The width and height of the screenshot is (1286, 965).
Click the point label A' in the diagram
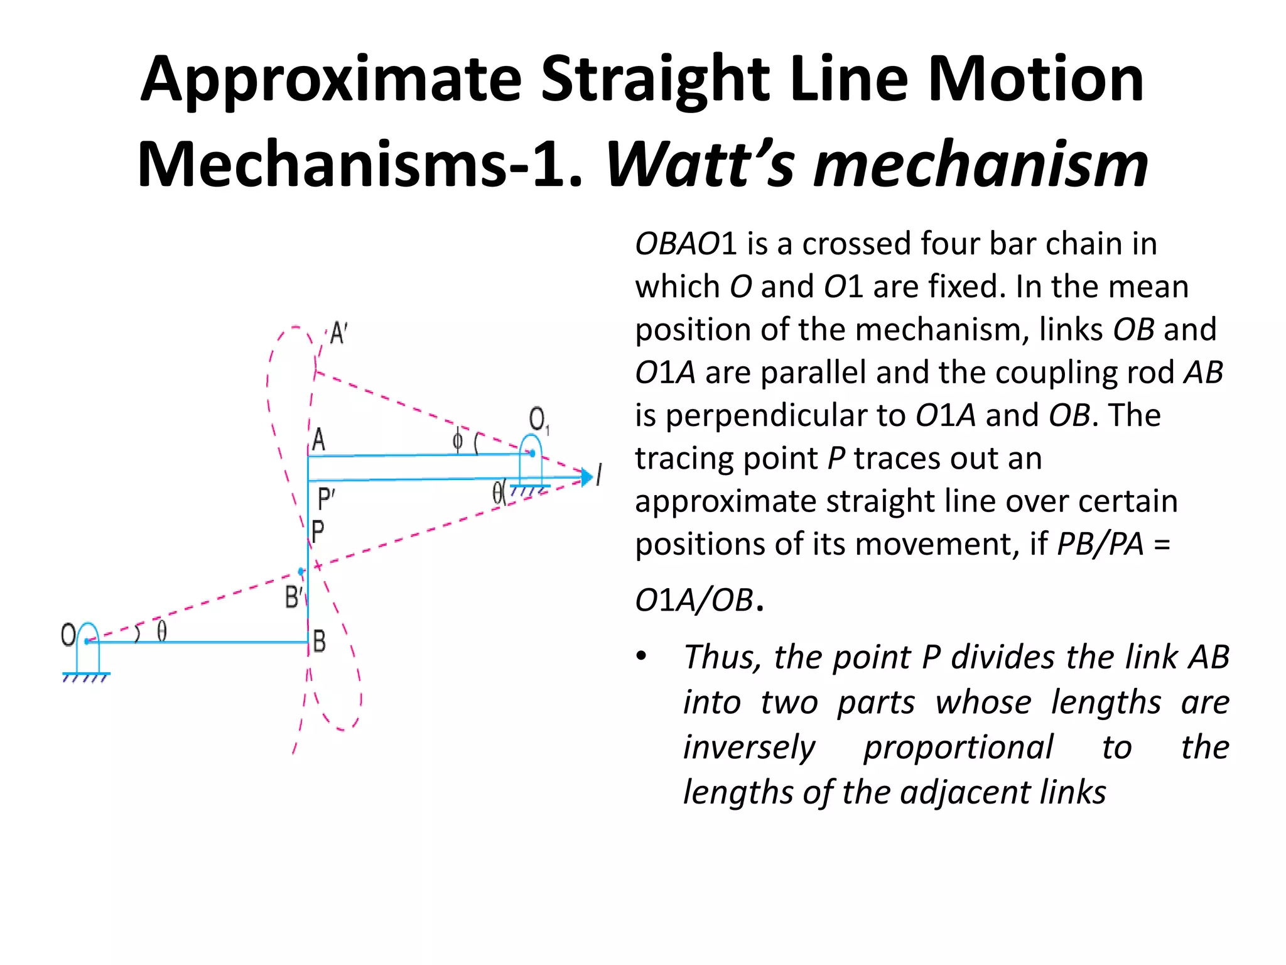pyautogui.click(x=338, y=333)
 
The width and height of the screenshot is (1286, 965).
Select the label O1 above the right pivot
pyautogui.click(x=538, y=420)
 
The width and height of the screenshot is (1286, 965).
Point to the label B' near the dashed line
pyautogui.click(x=293, y=596)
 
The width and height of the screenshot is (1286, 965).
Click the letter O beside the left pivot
pyautogui.click(x=68, y=635)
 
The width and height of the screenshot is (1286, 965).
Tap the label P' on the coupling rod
pyautogui.click(x=326, y=499)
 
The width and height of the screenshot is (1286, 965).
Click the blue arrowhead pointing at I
pyautogui.click(x=586, y=477)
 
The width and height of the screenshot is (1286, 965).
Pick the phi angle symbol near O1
pyautogui.click(x=458, y=440)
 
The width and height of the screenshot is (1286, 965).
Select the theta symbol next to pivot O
pyautogui.click(x=161, y=630)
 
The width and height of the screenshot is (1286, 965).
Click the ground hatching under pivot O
pyautogui.click(x=86, y=678)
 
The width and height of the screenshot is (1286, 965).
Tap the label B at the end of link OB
pyautogui.click(x=319, y=642)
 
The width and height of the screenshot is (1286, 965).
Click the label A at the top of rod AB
pyautogui.click(x=318, y=440)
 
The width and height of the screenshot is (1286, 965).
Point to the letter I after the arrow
pyautogui.click(x=599, y=475)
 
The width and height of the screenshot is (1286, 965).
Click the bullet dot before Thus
pyautogui.click(x=640, y=657)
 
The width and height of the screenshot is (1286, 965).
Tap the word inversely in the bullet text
pyautogui.click(x=748, y=748)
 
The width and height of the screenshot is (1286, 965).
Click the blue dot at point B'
pyautogui.click(x=301, y=571)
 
